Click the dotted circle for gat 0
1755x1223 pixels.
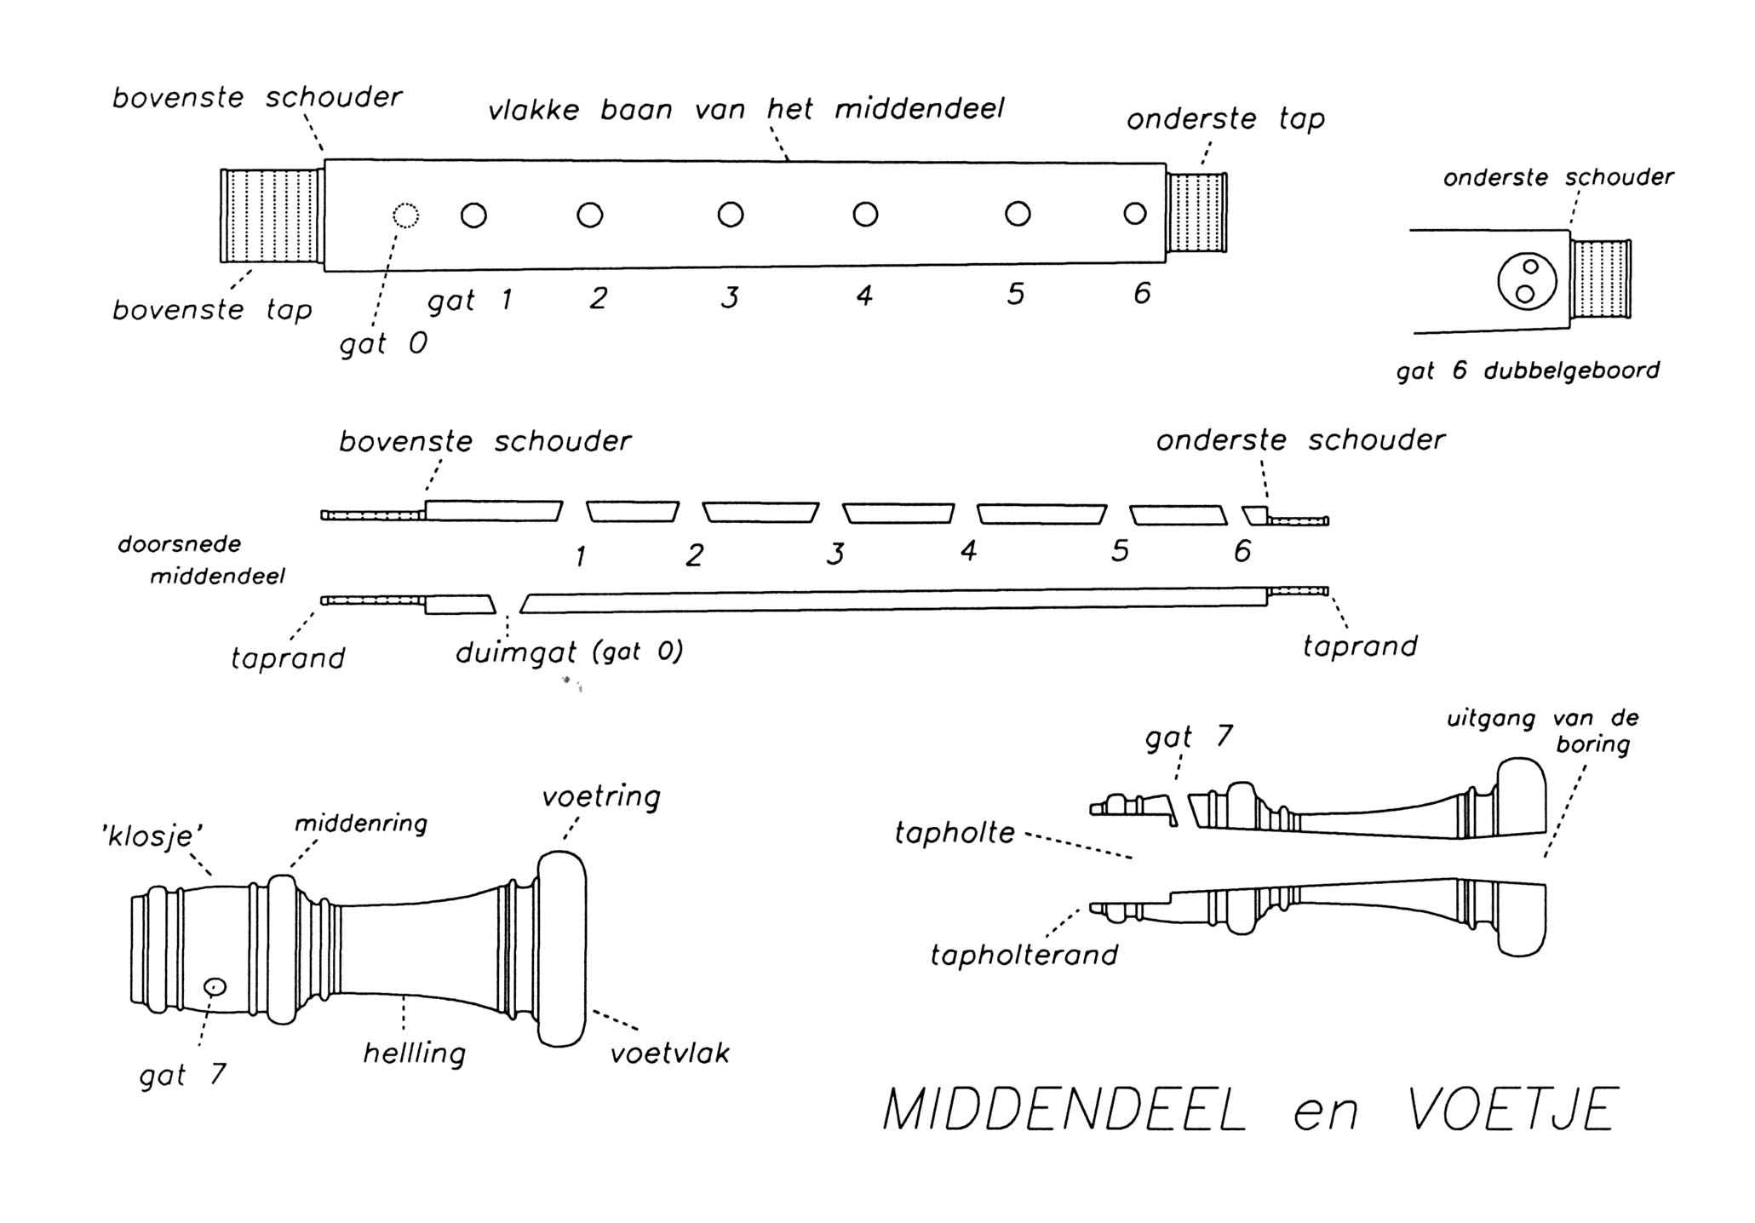point(406,215)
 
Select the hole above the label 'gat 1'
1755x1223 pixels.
point(473,215)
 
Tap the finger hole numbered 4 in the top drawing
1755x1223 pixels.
point(865,214)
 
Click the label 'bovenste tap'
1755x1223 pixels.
point(212,310)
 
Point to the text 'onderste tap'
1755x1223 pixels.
point(1225,120)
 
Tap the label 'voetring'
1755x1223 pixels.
point(601,797)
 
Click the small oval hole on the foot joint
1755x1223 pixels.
point(215,986)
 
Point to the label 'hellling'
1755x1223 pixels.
point(415,1054)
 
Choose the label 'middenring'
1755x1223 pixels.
point(361,824)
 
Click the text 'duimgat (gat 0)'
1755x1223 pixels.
point(569,653)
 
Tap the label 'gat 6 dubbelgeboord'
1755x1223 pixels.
point(1528,371)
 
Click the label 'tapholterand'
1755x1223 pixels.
point(1024,956)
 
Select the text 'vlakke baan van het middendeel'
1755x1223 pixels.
point(746,110)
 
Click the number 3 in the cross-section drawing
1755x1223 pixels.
point(835,554)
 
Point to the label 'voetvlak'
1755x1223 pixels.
point(670,1054)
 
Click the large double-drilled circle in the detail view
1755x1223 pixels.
point(1527,281)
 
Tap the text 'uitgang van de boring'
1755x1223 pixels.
point(1543,731)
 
